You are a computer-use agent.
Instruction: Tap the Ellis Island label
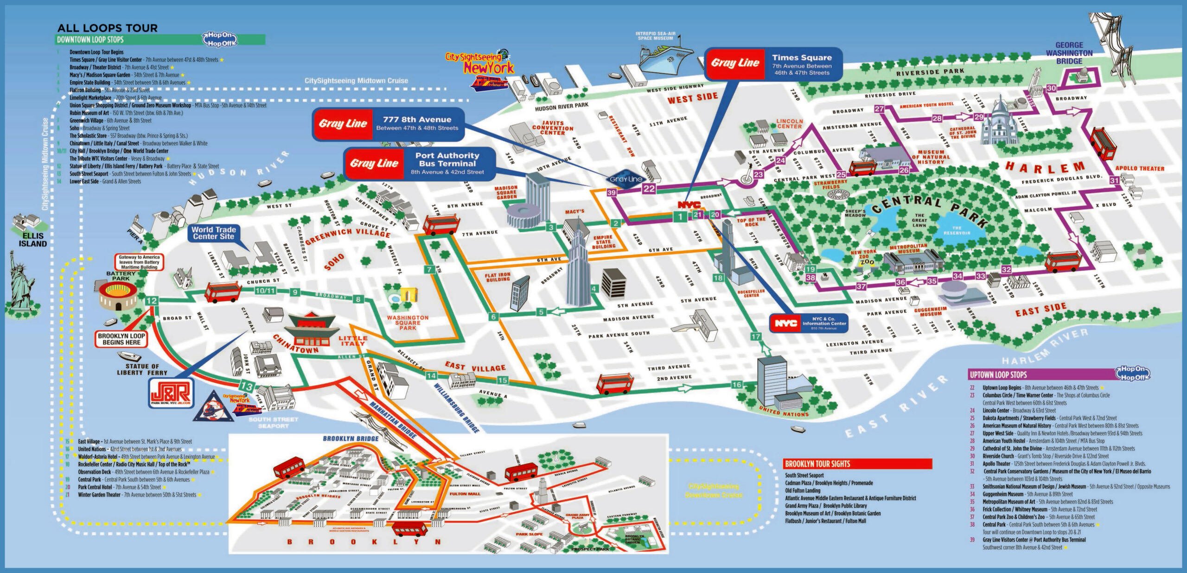32,240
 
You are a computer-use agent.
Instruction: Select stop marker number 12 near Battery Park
151,301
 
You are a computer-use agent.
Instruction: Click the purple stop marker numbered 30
1051,88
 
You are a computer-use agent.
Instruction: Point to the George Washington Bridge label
1069,53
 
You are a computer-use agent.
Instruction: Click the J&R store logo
171,394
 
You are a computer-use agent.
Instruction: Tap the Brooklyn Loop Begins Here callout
121,339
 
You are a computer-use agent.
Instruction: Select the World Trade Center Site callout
214,233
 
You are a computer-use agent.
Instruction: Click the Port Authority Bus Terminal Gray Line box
420,164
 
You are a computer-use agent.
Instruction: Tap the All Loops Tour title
108,28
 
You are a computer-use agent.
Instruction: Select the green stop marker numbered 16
737,384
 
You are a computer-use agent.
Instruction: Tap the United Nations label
784,411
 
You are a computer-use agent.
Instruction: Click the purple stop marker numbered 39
612,192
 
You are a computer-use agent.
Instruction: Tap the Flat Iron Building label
498,277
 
